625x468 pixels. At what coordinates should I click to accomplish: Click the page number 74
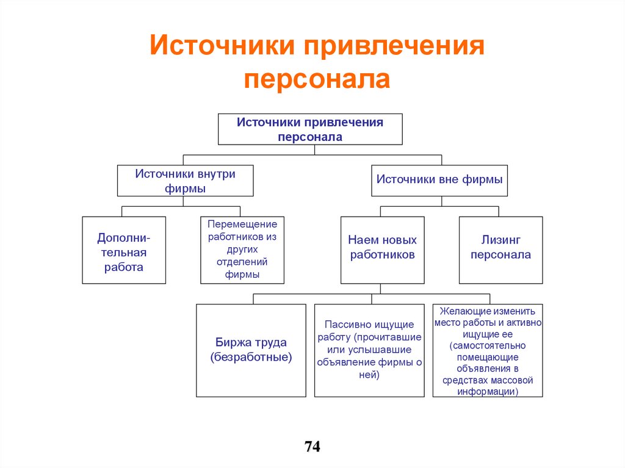312,447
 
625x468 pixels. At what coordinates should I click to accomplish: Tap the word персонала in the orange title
317,79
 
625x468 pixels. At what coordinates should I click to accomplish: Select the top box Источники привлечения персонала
310,129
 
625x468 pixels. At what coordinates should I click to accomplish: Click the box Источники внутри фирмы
185,181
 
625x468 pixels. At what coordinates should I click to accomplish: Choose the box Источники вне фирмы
439,180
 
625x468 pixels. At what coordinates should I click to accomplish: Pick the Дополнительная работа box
124,250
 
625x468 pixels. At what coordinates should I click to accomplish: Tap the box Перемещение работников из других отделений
242,250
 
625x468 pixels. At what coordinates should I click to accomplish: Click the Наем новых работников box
382,250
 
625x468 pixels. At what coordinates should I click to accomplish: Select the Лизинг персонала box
500,250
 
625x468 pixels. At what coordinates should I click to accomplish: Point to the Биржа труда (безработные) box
251,350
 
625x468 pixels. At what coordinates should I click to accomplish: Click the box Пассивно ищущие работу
369,350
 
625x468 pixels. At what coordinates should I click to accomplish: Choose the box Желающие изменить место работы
488,350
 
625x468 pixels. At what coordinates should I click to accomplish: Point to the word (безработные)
251,358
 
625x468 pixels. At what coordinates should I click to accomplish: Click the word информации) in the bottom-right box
488,391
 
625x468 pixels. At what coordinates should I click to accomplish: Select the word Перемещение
242,225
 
